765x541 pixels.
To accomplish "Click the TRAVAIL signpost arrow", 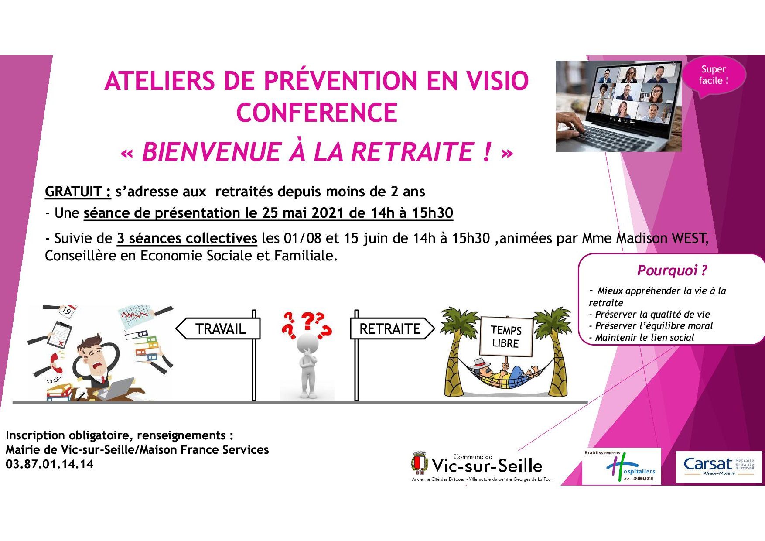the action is (218, 329).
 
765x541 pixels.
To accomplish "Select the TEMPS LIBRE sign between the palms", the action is (506, 336).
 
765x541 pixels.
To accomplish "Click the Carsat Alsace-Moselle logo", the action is (719, 466).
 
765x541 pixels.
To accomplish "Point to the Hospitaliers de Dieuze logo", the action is (622, 466).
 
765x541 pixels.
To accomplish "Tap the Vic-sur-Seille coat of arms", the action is (420, 463).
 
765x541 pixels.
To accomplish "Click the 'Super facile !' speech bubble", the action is (714, 75).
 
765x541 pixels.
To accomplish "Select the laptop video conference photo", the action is (618, 106).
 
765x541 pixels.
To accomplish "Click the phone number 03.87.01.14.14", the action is (50, 464).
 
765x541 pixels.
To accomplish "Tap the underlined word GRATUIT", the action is (78, 192).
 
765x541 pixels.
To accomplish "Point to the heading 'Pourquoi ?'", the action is (672, 270).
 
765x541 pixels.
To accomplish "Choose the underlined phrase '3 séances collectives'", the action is (187, 239).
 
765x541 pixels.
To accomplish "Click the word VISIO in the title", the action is (497, 81).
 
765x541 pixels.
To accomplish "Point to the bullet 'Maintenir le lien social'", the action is (641, 337).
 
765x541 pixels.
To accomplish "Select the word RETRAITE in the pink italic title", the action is (412, 152).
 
